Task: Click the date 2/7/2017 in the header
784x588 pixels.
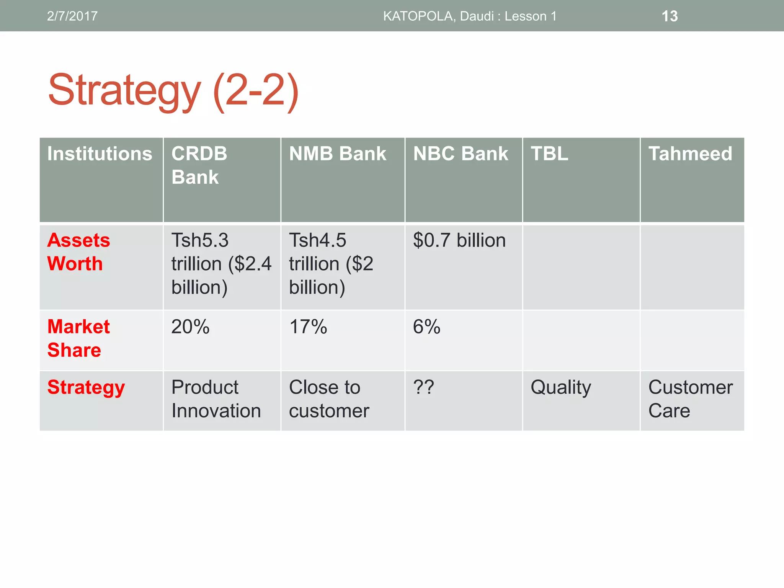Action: (x=72, y=16)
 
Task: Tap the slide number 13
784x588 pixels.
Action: (x=670, y=16)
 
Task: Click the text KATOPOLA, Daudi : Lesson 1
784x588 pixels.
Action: (x=470, y=16)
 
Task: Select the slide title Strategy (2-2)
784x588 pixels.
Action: (x=173, y=91)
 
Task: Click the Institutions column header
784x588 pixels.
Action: (x=100, y=154)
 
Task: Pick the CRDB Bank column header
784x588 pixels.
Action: (x=199, y=165)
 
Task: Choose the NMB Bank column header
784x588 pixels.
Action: (x=337, y=154)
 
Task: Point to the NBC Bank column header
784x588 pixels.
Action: (x=461, y=154)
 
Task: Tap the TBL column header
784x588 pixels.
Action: (x=549, y=154)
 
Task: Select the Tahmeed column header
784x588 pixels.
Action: (x=690, y=154)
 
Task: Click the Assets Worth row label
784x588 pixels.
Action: (x=78, y=252)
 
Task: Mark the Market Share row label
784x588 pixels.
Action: (x=78, y=338)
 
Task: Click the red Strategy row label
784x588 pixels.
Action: (x=86, y=387)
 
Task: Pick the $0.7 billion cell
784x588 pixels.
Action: (x=459, y=240)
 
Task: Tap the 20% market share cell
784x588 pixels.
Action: (x=190, y=327)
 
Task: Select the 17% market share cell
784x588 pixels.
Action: (x=308, y=327)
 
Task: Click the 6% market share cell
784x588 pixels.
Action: (x=426, y=327)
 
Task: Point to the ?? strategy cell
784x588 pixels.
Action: (x=423, y=387)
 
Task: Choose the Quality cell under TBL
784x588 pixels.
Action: (x=560, y=387)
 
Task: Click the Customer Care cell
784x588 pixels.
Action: (x=690, y=399)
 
